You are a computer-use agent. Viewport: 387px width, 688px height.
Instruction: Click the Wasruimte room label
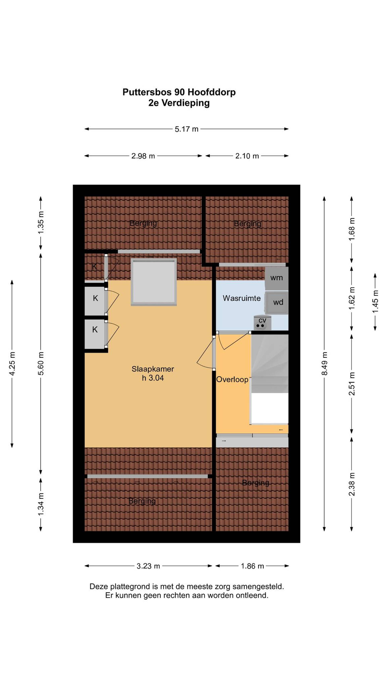pos(242,298)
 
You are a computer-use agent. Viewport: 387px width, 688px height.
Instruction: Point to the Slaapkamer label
pos(153,369)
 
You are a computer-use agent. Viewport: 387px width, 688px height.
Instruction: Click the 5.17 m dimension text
pos(187,129)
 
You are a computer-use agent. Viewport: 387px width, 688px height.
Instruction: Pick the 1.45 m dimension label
pos(375,302)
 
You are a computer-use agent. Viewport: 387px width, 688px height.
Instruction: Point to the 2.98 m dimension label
pos(143,156)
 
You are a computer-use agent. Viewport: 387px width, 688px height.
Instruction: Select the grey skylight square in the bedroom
pos(154,282)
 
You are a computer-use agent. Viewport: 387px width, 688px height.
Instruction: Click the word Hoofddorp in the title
pos(211,92)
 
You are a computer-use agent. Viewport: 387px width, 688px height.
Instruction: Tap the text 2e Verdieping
pos(179,103)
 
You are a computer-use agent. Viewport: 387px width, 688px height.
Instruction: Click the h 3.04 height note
pos(153,378)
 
